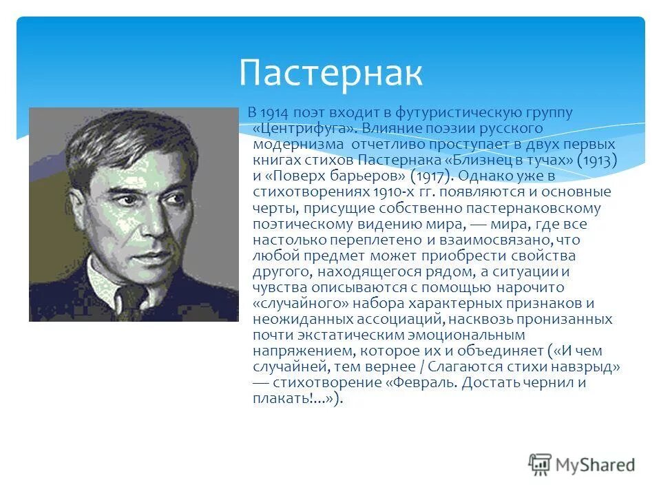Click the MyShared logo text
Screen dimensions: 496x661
pyautogui.click(x=596, y=464)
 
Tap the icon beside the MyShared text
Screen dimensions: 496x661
pyautogui.click(x=540, y=464)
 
